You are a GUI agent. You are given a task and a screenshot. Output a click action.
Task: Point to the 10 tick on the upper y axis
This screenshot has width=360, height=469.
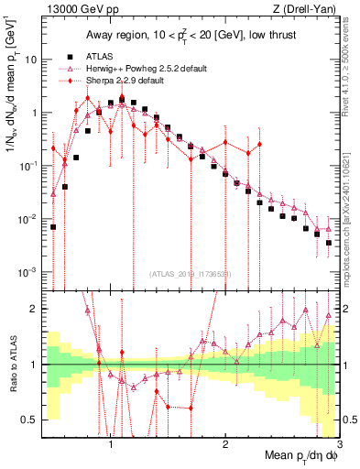[x=33, y=60]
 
